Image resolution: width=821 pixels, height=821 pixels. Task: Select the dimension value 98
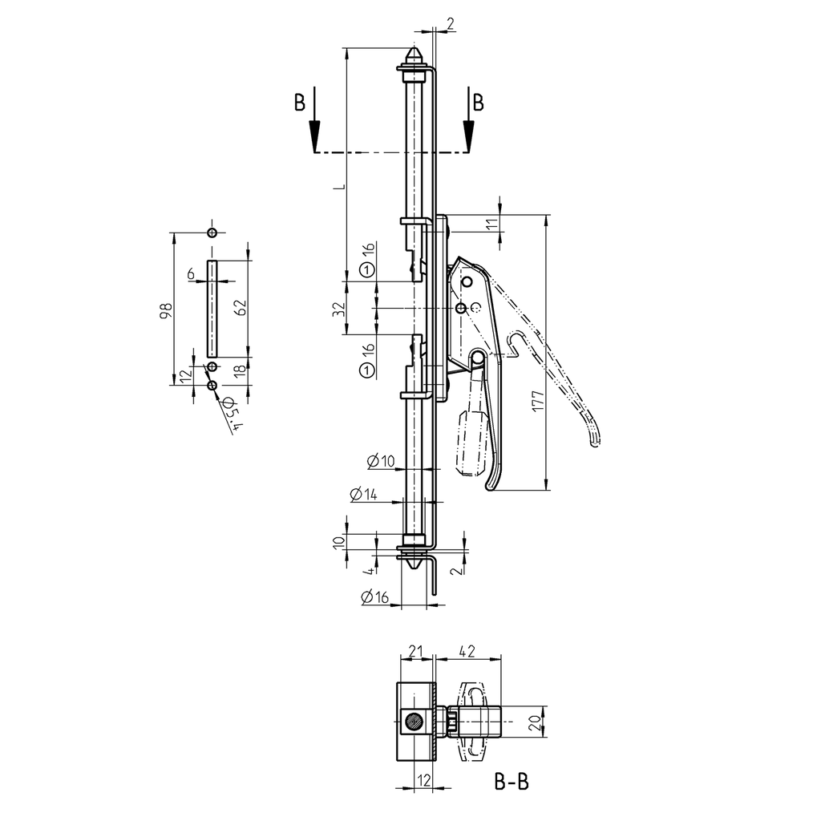[x=164, y=310]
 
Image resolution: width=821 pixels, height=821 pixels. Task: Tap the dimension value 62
[x=238, y=308]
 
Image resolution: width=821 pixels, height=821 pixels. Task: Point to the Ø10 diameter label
[x=381, y=460]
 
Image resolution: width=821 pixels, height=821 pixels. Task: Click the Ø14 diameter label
[x=363, y=495]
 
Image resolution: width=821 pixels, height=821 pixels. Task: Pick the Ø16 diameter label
[x=374, y=597]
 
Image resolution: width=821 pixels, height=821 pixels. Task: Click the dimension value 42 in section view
[x=470, y=652]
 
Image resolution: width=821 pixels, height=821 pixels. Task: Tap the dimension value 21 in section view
[x=415, y=652]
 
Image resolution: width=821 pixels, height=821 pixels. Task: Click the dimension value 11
[x=491, y=224]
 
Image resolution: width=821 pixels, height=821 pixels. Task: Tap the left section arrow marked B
[x=313, y=120]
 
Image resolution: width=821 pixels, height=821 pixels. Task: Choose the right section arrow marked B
[x=469, y=120]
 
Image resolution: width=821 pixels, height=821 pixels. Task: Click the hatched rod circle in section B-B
[x=415, y=722]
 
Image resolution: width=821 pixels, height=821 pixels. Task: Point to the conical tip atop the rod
[x=415, y=57]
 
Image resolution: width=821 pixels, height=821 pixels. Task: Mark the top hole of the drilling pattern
[x=211, y=233]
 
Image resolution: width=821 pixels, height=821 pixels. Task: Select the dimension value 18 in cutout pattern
[x=238, y=370]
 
